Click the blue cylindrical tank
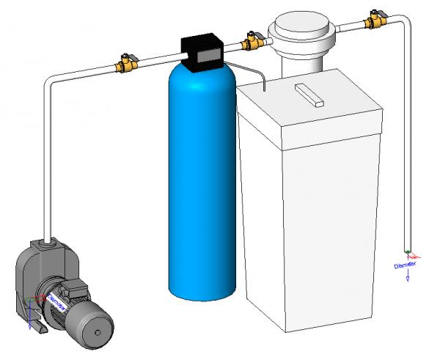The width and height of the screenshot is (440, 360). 202,183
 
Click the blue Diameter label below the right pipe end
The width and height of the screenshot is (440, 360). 405,265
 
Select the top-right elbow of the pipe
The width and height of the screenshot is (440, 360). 403,22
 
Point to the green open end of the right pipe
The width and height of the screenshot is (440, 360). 408,250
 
